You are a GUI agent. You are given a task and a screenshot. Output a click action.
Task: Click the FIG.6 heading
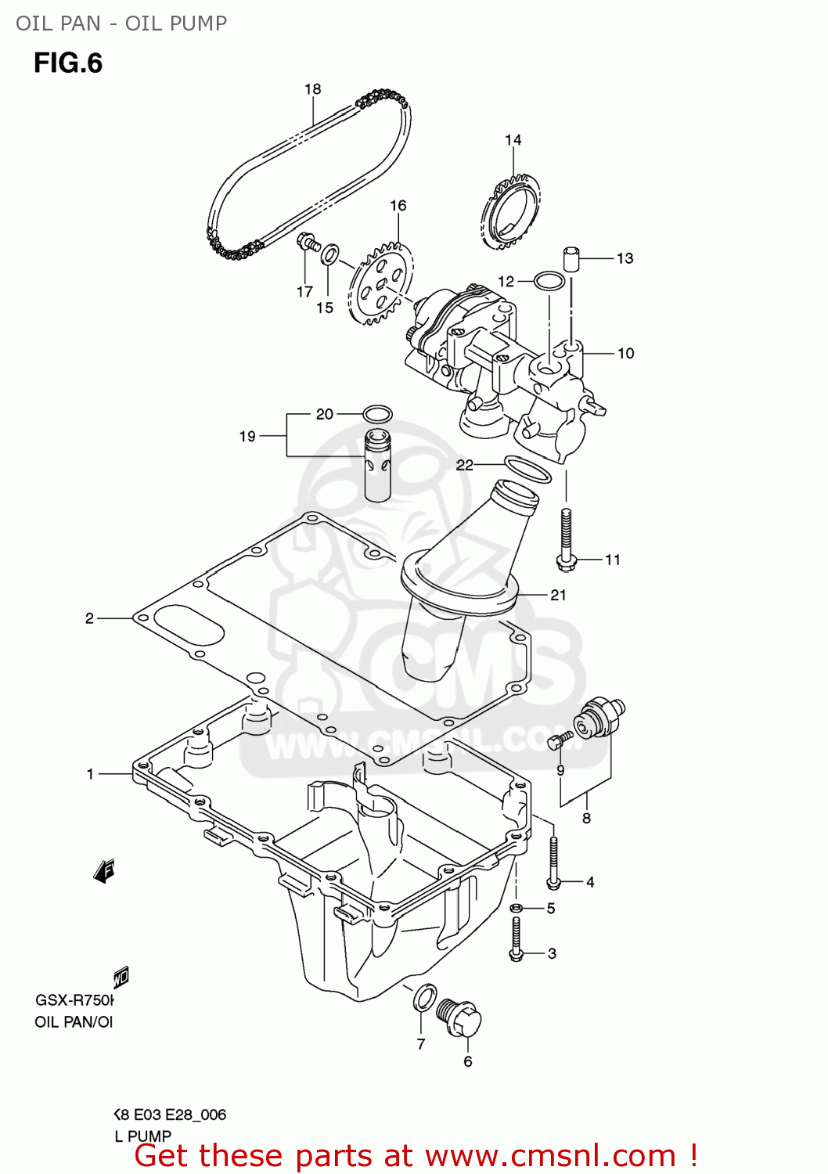pos(68,63)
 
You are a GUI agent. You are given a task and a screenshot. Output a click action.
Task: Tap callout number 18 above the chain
pos(313,89)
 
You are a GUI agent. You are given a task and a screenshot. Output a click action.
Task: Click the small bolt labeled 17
pos(308,243)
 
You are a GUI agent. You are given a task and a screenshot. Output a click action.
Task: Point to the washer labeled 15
pos(331,254)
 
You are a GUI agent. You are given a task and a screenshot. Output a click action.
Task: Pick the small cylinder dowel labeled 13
pos(571,257)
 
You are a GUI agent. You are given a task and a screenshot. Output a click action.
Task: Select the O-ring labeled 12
pos(549,280)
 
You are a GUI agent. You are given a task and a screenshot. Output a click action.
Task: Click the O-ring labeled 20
pos(378,413)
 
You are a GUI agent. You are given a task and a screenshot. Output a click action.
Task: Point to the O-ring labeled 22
pos(527,469)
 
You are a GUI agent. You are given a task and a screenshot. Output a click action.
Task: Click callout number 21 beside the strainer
pos(558,595)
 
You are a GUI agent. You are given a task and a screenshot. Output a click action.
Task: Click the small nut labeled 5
pos(516,908)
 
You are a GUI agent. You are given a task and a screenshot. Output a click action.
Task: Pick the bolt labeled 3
pos(516,939)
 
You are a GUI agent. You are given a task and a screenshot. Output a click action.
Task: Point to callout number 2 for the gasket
pos(89,618)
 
